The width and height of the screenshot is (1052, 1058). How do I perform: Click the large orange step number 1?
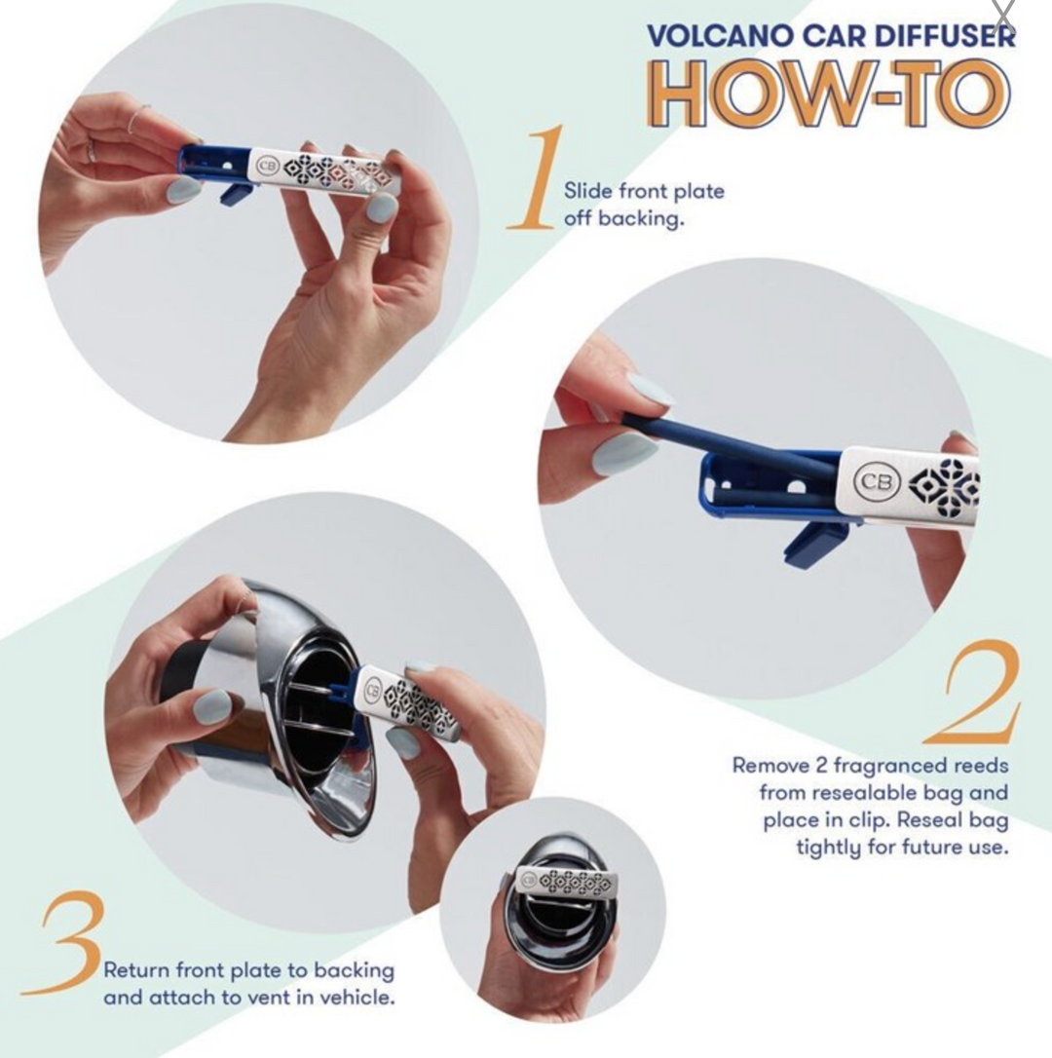537,176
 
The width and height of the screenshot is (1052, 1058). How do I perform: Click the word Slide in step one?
587,191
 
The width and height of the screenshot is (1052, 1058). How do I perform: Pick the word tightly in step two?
829,847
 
